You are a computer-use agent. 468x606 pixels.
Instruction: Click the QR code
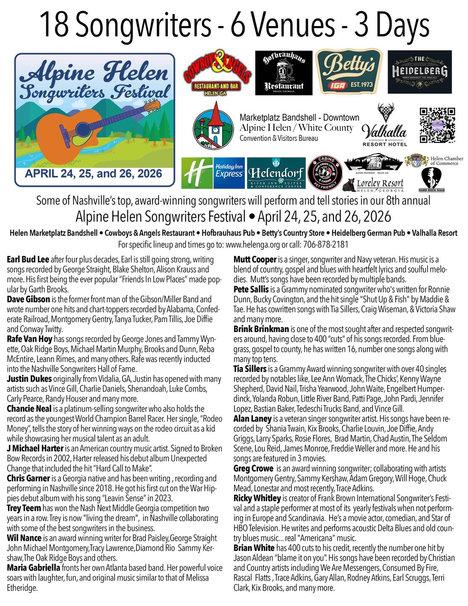click(x=437, y=125)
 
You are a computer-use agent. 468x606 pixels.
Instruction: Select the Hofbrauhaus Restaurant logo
click(x=283, y=72)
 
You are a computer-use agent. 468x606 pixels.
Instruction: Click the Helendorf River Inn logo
click(x=276, y=173)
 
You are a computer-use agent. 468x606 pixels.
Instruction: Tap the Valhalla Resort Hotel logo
click(x=385, y=126)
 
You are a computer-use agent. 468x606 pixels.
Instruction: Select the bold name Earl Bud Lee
click(x=28, y=260)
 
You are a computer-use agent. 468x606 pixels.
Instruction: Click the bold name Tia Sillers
click(x=250, y=369)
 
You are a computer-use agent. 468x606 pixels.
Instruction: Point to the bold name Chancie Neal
click(x=29, y=409)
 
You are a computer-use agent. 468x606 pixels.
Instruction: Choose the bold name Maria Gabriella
click(x=33, y=568)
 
